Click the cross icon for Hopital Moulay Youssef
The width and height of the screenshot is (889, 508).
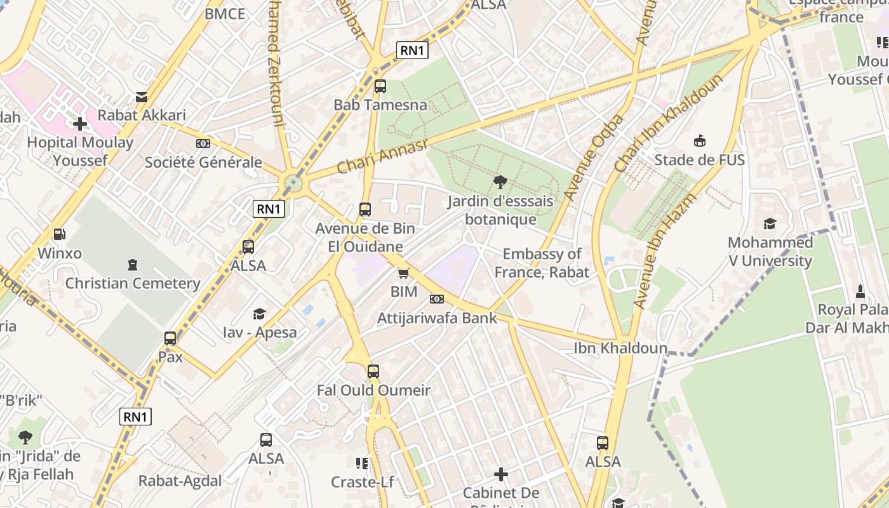tap(80, 123)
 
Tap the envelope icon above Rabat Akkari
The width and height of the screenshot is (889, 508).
tap(142, 97)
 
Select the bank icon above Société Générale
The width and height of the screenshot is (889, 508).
tap(203, 144)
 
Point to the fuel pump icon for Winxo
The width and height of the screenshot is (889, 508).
tap(59, 235)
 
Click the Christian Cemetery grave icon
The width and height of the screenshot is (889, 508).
tap(133, 264)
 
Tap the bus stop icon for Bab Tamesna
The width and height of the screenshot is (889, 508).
tap(380, 86)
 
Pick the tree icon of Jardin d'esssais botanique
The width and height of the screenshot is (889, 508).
tap(500, 182)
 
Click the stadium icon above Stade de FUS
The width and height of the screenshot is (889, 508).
tap(700, 140)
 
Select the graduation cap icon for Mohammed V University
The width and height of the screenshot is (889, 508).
tap(770, 224)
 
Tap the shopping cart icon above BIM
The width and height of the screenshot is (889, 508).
tap(403, 273)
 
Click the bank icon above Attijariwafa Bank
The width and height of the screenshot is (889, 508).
tap(437, 299)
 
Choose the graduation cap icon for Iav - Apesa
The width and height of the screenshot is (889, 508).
tap(259, 314)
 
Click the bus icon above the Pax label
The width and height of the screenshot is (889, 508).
tap(170, 338)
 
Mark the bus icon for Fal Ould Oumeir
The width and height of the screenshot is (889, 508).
tap(373, 371)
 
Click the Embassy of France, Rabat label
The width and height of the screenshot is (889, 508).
tap(542, 264)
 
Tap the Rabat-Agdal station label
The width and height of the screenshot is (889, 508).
tap(180, 481)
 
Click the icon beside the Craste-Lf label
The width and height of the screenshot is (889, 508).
tap(362, 464)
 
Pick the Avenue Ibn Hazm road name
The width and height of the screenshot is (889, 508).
tap(665, 251)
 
